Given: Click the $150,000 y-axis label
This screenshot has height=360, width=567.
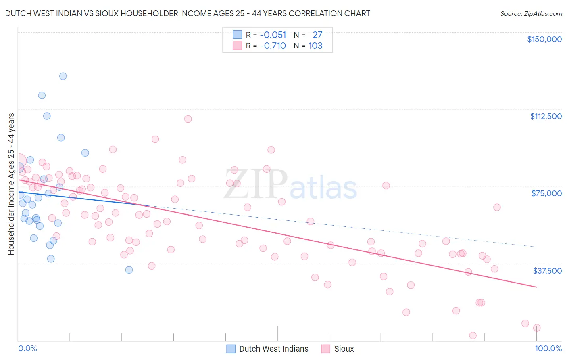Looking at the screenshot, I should (544, 39).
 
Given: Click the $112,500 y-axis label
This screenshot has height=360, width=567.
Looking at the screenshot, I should (546, 116).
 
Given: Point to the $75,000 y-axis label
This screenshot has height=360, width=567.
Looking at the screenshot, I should (546, 193).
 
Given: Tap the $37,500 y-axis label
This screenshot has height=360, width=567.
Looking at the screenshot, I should (547, 271).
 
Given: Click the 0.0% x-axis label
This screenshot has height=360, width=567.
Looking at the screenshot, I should (27, 349).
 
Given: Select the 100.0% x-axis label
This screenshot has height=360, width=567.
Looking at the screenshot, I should (548, 349).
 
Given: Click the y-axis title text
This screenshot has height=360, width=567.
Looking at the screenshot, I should (11, 184).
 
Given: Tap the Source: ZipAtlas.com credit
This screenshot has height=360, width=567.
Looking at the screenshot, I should (531, 14).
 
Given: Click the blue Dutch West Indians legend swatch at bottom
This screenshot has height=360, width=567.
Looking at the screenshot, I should (231, 349).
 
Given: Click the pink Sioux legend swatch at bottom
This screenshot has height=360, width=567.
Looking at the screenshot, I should (326, 349).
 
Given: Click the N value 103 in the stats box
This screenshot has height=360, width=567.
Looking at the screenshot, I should (315, 46).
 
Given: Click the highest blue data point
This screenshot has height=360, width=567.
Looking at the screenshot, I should (63, 76).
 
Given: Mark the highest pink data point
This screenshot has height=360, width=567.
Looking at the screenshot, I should (188, 119).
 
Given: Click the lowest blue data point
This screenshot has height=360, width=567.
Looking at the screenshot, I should (129, 270).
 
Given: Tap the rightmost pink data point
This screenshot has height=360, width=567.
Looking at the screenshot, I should (537, 328).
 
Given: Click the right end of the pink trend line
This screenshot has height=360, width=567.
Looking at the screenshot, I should (537, 287).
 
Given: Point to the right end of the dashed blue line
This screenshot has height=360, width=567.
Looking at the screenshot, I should (535, 247).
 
